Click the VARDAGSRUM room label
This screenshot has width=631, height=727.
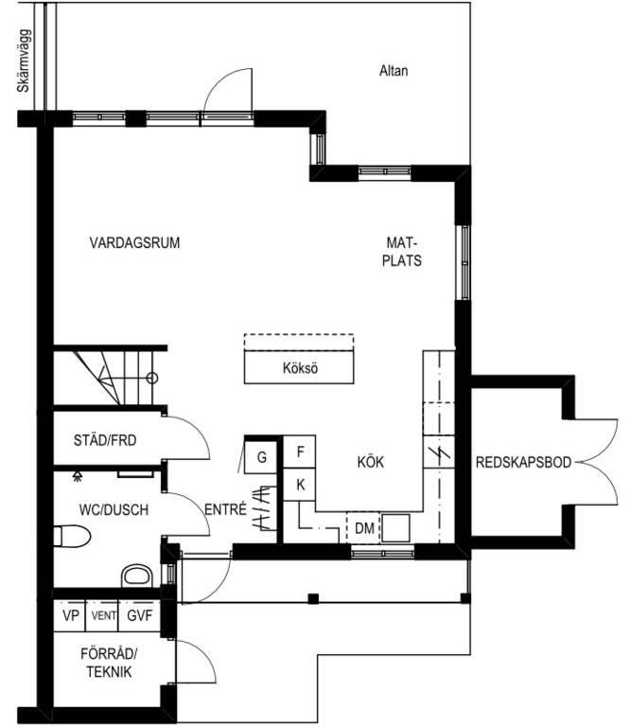(x=134, y=243)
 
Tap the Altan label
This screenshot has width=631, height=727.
(x=394, y=70)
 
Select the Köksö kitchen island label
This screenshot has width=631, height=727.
(x=300, y=368)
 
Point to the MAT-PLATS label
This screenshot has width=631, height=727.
(x=402, y=252)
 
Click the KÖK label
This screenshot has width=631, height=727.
(x=371, y=462)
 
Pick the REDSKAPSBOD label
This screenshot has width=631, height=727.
(x=523, y=462)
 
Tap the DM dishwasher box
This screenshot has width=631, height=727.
(x=363, y=527)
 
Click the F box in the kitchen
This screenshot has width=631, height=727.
(x=300, y=452)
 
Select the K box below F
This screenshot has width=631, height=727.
(x=300, y=485)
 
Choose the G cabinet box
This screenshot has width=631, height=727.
(x=261, y=457)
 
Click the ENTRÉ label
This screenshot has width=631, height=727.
(x=225, y=509)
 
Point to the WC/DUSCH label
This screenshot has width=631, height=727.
(x=114, y=510)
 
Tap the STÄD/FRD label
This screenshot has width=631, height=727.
(x=105, y=440)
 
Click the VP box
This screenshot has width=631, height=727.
(x=70, y=615)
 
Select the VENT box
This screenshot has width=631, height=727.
(x=102, y=615)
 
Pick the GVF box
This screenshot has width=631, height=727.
(x=139, y=615)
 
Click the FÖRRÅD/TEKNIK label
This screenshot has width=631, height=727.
(x=109, y=663)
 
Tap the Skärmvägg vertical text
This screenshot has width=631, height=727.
(x=24, y=61)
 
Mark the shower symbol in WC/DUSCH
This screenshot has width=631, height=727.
(x=78, y=477)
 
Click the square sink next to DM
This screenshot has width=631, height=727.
(x=395, y=528)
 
